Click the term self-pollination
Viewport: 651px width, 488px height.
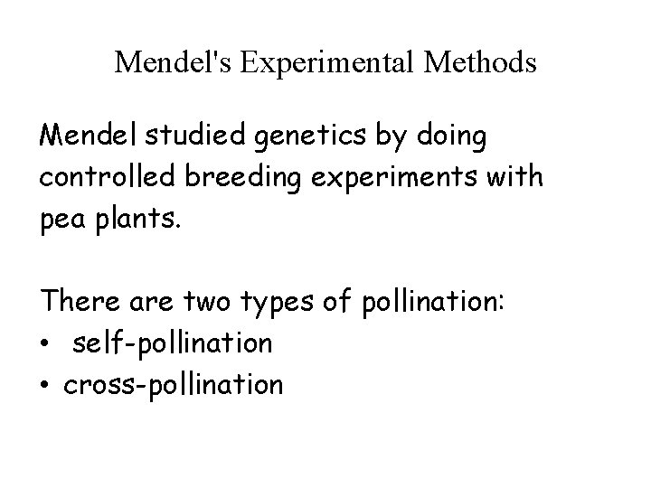(x=175, y=343)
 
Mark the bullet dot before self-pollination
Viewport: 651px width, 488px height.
(x=46, y=344)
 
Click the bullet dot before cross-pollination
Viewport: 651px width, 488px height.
(x=46, y=385)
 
